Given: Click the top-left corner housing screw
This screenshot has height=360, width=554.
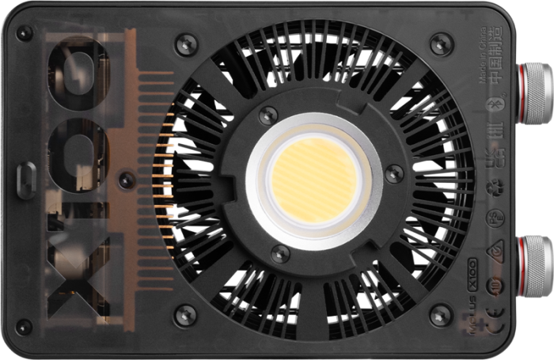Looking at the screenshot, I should [25, 33].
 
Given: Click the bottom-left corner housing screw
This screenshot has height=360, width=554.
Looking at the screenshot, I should [25, 326].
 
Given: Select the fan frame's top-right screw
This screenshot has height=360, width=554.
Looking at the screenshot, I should [440, 43].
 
